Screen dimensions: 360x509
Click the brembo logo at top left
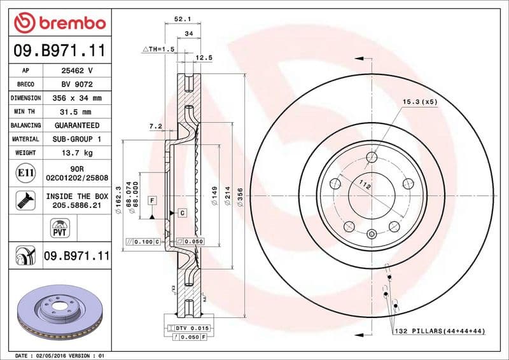(x=60, y=23)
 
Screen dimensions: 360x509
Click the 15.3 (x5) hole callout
(x=419, y=101)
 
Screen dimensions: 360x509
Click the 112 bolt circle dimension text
(x=365, y=186)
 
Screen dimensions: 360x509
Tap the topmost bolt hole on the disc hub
(x=372, y=157)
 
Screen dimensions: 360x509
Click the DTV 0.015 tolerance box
(x=192, y=327)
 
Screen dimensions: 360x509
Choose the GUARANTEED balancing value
(x=77, y=125)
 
